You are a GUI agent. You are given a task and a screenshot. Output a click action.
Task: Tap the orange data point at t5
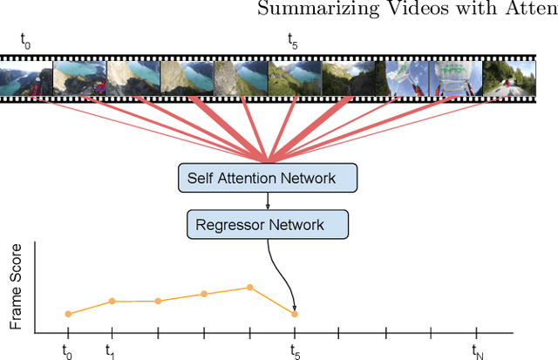tap(295, 314)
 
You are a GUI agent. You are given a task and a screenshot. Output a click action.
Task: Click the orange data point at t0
tap(67, 314)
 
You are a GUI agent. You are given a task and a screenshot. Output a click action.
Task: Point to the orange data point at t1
tap(112, 302)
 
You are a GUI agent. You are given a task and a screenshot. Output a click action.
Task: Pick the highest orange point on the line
tap(249, 287)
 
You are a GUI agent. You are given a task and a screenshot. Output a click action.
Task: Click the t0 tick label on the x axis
tap(66, 350)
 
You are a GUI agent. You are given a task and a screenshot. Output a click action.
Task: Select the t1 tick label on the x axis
tap(112, 350)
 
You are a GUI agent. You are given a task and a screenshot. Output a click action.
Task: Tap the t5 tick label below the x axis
tap(295, 350)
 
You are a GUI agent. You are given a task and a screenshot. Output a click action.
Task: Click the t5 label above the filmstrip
tap(294, 40)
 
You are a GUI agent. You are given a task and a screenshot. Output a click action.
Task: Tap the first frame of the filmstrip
tap(26, 78)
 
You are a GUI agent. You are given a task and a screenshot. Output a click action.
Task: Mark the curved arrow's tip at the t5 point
tap(294, 309)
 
